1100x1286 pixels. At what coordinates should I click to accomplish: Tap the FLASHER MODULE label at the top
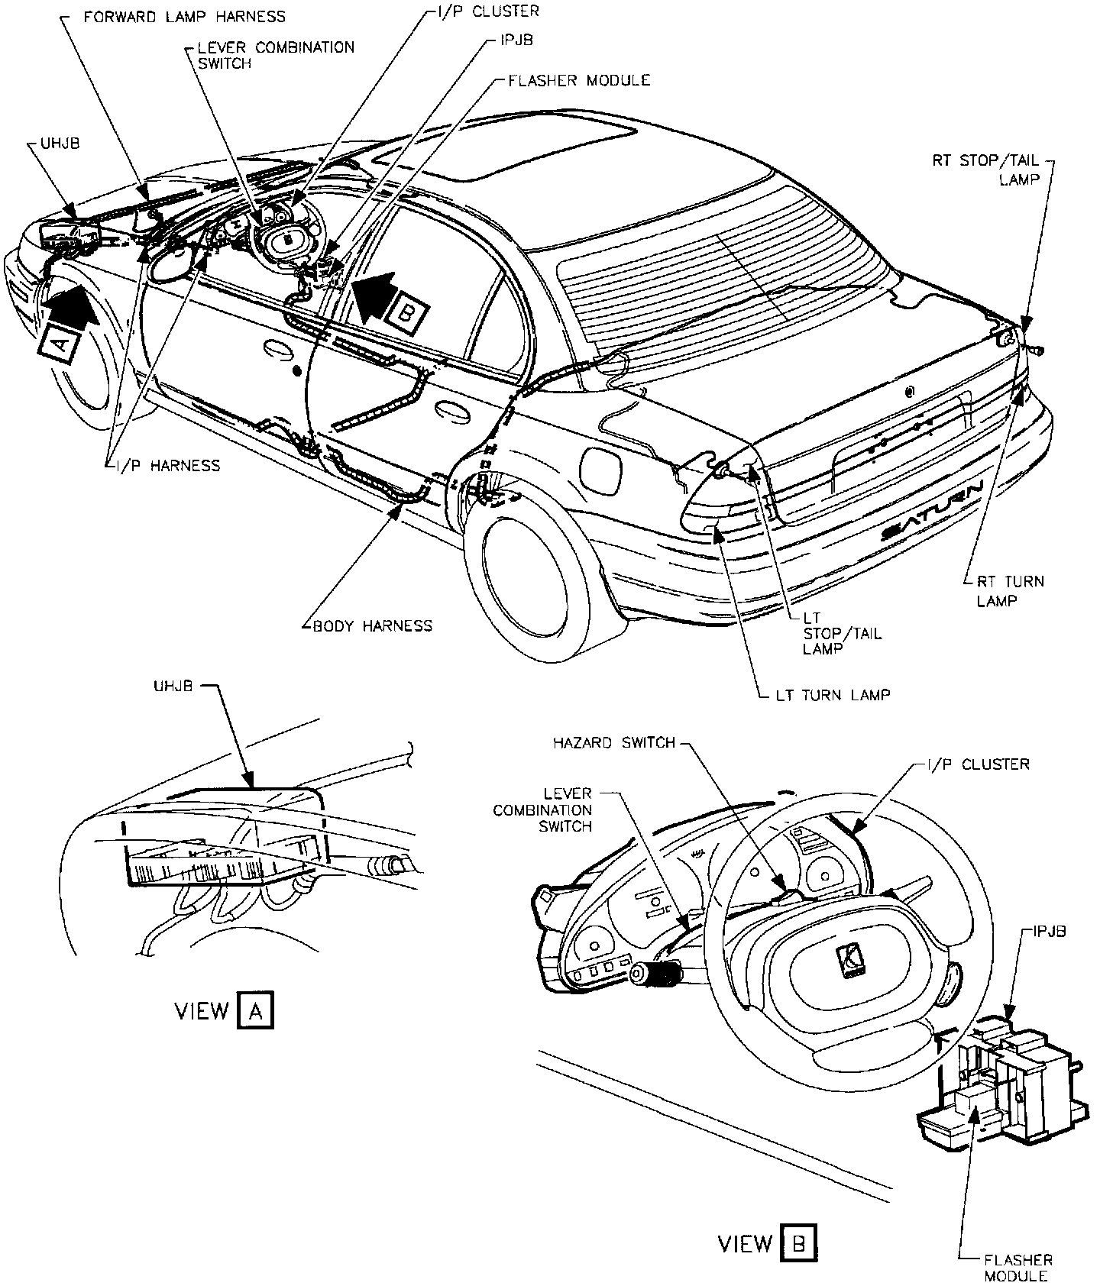[x=579, y=79]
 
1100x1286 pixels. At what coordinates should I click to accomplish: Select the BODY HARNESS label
[x=372, y=626]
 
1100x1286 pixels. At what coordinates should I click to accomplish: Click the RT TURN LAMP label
[x=1010, y=590]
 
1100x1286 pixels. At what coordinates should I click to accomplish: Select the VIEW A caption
[x=223, y=1011]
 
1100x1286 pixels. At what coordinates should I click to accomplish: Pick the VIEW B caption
[x=767, y=1244]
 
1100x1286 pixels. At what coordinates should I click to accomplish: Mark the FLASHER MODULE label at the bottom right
[x=1018, y=1268]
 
